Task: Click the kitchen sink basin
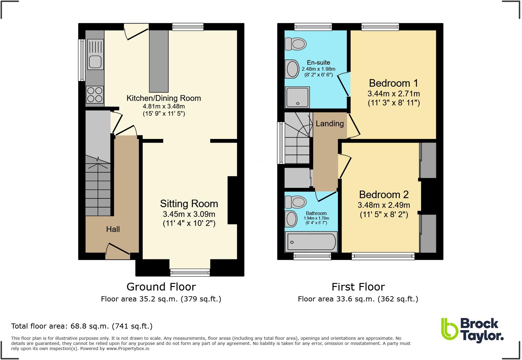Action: [x=95, y=62]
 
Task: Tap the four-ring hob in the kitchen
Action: [x=95, y=94]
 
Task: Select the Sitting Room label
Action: [x=189, y=204]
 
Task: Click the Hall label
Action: [x=113, y=229]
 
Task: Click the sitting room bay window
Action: [x=190, y=272]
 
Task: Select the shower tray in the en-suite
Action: [x=298, y=97]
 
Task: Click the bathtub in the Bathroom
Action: [x=311, y=242]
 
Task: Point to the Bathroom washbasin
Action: [x=292, y=219]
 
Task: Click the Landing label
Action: [x=330, y=124]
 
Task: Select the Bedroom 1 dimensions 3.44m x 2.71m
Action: [x=393, y=94]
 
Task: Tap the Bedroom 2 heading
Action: [x=384, y=194]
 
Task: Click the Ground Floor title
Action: [x=161, y=287]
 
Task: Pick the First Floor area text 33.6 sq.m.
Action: [x=358, y=299]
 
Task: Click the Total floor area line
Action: [x=82, y=326]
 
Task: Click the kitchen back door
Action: [x=137, y=34]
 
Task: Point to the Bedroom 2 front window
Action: [x=383, y=256]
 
